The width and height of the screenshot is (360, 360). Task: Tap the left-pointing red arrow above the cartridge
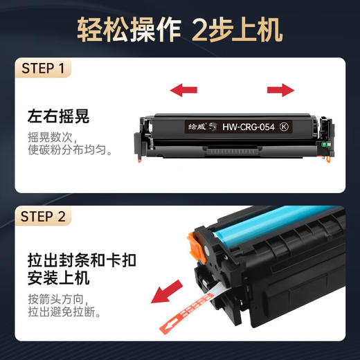(184, 89)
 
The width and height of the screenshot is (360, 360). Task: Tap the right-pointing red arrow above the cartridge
(280, 89)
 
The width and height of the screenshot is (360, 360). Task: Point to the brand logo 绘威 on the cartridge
(198, 127)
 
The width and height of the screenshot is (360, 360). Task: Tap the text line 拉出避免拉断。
(63, 314)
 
